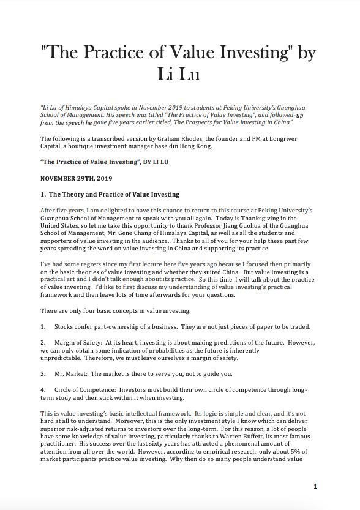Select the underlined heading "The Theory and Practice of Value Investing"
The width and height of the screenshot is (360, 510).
point(114,195)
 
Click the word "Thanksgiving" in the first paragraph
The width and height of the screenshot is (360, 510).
point(265,219)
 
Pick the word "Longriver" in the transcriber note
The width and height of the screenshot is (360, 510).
point(303,140)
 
